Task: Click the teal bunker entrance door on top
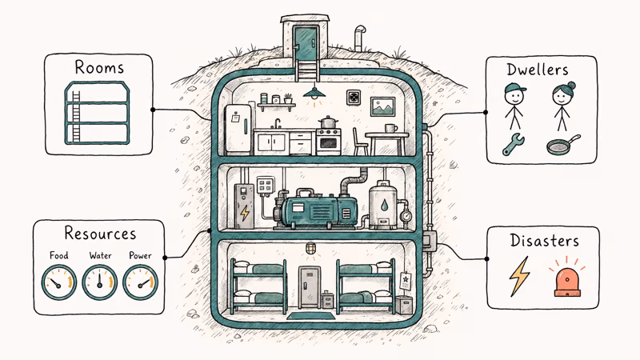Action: [305, 42]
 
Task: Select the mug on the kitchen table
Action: [390, 128]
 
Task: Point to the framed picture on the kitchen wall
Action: [382, 105]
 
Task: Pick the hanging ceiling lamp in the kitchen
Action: [314, 94]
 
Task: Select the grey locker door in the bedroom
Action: [310, 286]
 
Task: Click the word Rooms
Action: [100, 67]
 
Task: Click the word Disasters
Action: [544, 239]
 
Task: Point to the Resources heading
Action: [100, 234]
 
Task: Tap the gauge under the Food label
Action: [59, 282]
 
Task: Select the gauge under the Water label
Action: [100, 282]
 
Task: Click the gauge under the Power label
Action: [141, 282]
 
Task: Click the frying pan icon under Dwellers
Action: [561, 146]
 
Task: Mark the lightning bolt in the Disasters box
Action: [520, 277]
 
